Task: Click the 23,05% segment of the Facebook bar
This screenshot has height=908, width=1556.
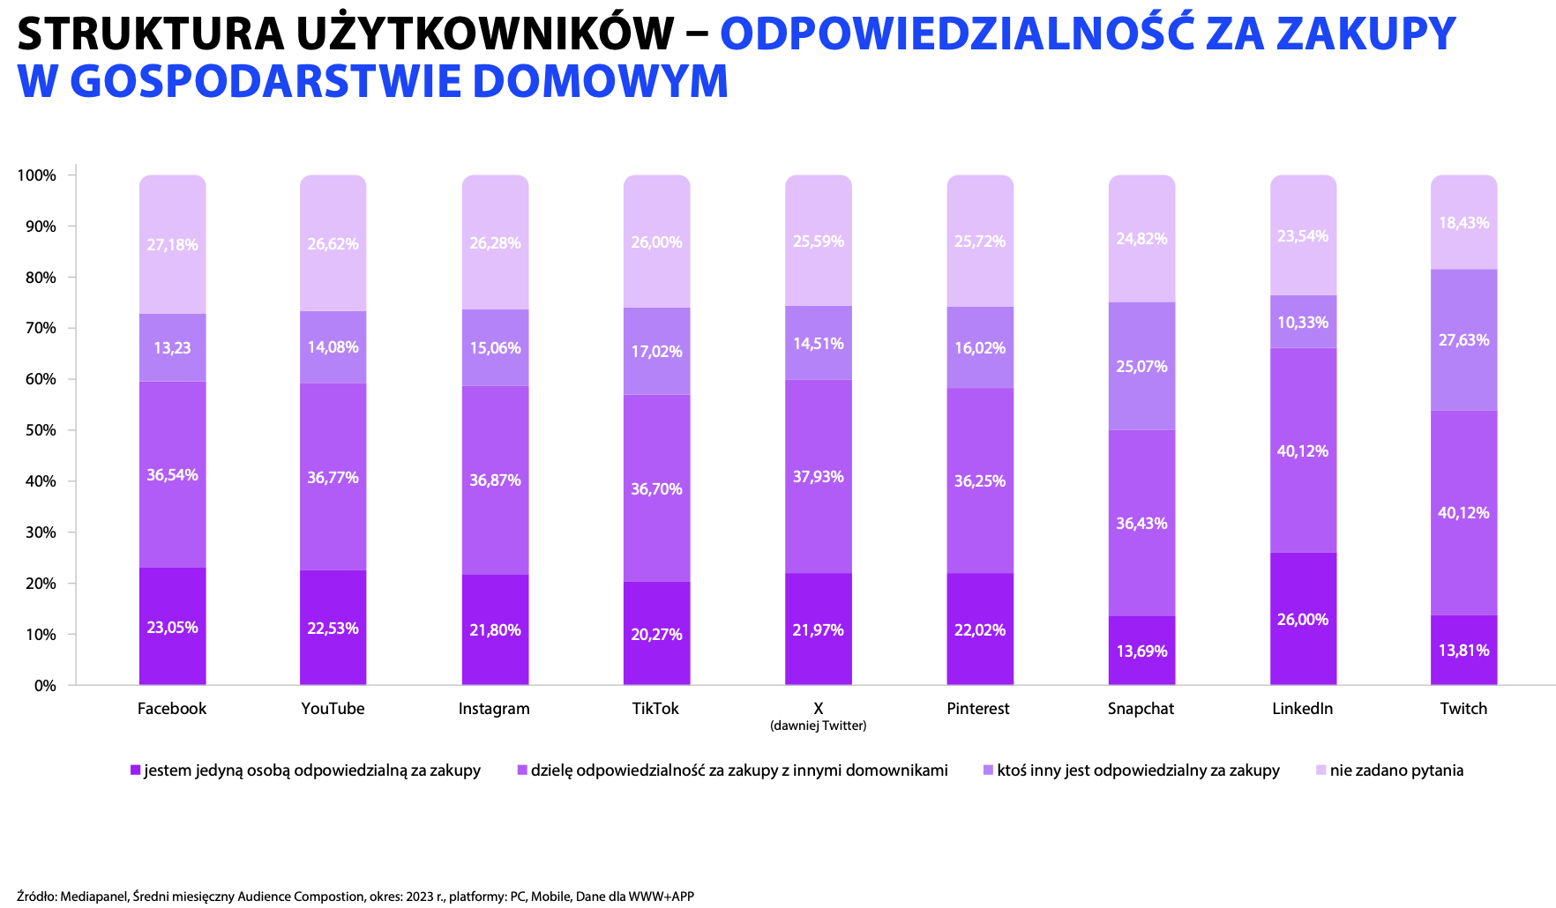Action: [172, 627]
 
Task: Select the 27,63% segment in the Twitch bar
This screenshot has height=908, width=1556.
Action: [1463, 340]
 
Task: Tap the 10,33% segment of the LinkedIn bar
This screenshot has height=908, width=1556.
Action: [1303, 322]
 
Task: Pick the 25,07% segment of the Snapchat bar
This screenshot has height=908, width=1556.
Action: [1141, 366]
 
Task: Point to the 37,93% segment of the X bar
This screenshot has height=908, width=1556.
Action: [818, 477]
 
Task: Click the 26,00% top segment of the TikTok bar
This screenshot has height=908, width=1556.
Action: [656, 242]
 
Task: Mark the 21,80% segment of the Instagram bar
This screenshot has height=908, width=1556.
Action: [495, 629]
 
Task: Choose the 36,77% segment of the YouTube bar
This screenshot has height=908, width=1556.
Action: [333, 477]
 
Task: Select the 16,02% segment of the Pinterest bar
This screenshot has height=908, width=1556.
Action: [979, 347]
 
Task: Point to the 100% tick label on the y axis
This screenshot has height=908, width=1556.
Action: [36, 175]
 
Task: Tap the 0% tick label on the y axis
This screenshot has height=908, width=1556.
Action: [45, 685]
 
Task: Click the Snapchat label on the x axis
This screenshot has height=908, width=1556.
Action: [1141, 709]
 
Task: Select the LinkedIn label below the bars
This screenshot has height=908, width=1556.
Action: [1302, 709]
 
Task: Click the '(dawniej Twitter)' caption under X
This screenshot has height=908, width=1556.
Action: [818, 726]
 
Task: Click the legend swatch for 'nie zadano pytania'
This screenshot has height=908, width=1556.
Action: [1320, 770]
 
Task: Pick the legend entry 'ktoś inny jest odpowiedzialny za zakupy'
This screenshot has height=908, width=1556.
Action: [1138, 770]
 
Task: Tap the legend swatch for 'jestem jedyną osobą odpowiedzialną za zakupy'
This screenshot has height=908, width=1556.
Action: [135, 770]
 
